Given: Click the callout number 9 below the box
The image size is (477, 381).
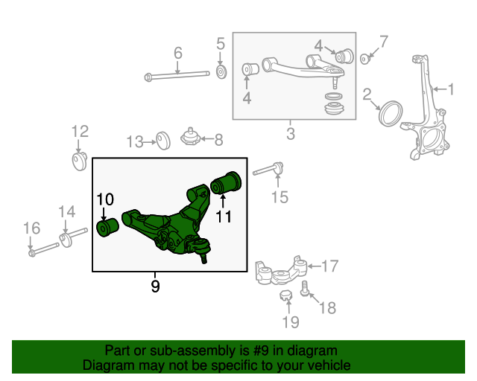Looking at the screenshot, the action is [x=155, y=286].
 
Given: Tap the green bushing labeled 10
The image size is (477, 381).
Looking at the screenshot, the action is [x=107, y=227].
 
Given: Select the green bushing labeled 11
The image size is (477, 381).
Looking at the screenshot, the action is [x=226, y=182].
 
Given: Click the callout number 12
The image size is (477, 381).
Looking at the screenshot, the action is [x=80, y=131].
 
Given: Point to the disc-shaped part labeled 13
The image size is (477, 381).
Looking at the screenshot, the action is [x=163, y=141].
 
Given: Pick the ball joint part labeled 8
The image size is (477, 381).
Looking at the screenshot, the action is [x=190, y=136].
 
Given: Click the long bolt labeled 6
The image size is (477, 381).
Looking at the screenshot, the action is [x=177, y=75].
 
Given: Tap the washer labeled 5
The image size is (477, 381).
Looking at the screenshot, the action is [x=221, y=72].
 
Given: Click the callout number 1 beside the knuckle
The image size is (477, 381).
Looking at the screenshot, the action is [x=451, y=89].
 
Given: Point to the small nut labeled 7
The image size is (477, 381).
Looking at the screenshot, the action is [x=364, y=59].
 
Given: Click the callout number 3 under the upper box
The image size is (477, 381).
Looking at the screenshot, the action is [x=291, y=134].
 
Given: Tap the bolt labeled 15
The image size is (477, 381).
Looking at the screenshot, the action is [x=268, y=170].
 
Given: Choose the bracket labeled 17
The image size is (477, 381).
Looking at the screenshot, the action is [x=281, y=271].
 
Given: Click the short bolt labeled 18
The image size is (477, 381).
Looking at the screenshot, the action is [x=305, y=289].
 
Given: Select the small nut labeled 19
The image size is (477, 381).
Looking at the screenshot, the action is [x=285, y=295].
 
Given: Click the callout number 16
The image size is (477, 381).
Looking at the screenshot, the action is [x=31, y=228].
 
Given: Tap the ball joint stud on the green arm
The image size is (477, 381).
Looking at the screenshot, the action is [x=203, y=258].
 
